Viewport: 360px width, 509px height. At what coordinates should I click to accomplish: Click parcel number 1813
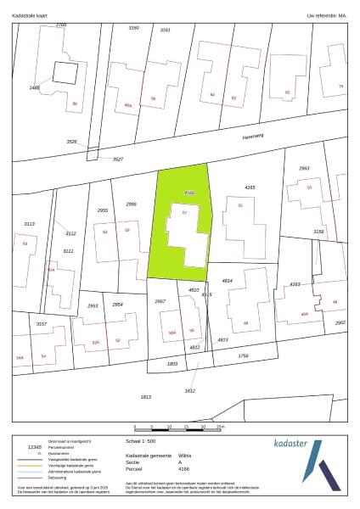coord(145,397)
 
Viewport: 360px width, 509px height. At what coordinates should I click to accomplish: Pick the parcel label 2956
coord(132,204)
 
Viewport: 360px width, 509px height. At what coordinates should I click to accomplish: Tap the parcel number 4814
coord(228,280)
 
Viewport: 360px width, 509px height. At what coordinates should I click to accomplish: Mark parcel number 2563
coord(304,169)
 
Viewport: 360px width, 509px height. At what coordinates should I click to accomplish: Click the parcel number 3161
coord(165,30)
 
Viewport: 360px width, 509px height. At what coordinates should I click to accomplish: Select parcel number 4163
coord(295,284)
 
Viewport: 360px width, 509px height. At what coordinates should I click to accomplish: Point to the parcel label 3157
coord(42,324)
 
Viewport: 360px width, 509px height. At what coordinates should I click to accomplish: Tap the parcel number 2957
coord(160,301)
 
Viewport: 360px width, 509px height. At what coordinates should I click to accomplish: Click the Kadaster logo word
coord(297,444)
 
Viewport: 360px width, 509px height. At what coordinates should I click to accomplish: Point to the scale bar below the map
coord(177,427)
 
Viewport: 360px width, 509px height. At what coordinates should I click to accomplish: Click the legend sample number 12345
coord(35,446)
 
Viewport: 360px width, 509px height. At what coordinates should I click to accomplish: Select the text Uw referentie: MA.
coord(327,15)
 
